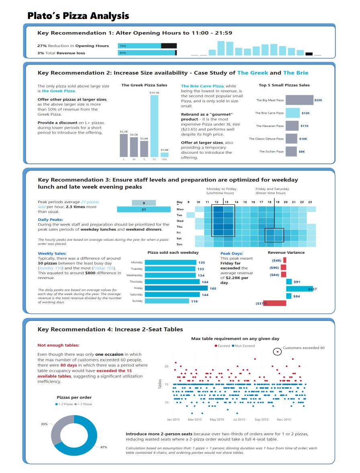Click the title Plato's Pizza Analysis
[78, 16]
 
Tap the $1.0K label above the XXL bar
[164, 150]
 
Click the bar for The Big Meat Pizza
[299, 100]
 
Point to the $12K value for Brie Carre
[305, 113]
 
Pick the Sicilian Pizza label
[271, 151]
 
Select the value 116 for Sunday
[194, 301]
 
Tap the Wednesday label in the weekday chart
[135, 275]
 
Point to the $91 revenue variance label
[297, 282]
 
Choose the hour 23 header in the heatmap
[310, 202]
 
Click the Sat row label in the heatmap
[180, 238]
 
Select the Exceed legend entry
[222, 346]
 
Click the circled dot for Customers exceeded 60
[277, 352]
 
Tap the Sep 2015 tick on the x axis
[262, 420]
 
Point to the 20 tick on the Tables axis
[166, 366]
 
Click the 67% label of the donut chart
[104, 447]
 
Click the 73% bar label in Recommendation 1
[123, 46]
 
